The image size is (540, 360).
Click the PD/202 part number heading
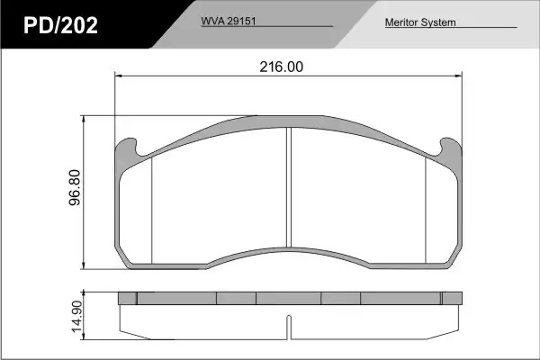click(60, 25)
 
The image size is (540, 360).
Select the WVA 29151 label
click(229, 21)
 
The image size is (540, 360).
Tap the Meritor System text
click(420, 22)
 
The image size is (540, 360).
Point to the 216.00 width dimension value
click(282, 67)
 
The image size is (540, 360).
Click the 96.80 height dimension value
click(75, 187)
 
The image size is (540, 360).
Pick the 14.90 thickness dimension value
click(76, 317)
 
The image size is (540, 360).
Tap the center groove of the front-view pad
click(289, 187)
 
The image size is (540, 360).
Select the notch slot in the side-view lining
click(289, 327)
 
